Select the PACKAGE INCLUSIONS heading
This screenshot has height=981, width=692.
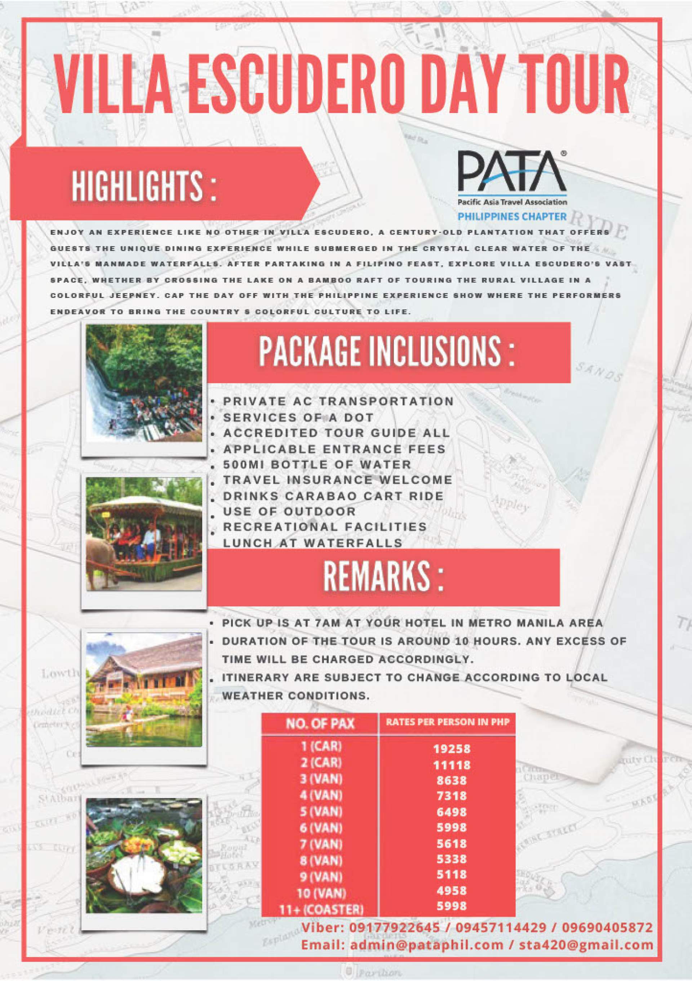(x=387, y=351)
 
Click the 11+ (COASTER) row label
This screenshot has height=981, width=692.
(x=321, y=910)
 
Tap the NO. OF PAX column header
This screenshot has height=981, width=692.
(x=320, y=723)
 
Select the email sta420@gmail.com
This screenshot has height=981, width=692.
(x=586, y=945)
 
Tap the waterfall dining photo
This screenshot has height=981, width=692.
(x=144, y=383)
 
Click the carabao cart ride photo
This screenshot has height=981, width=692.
(x=144, y=534)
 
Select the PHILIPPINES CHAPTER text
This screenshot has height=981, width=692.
(x=512, y=217)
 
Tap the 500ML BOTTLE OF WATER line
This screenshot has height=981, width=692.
(x=317, y=464)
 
